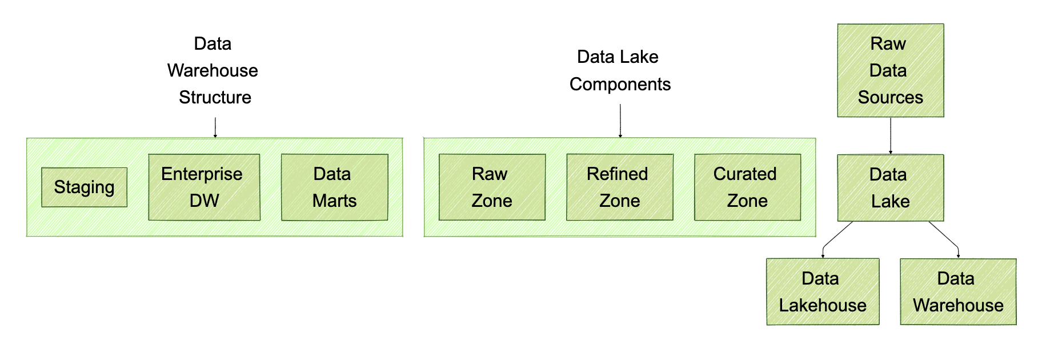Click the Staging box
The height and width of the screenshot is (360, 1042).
point(84,187)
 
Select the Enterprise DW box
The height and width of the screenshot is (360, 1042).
point(204,187)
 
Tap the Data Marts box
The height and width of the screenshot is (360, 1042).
point(334,187)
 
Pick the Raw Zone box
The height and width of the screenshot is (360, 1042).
point(491,187)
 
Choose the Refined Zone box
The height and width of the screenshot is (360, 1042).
point(619,187)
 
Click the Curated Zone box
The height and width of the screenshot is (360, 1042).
point(747,187)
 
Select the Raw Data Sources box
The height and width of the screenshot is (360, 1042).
point(890,70)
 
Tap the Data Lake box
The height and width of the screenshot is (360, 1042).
point(890,187)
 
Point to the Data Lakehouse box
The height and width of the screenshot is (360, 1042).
point(822,291)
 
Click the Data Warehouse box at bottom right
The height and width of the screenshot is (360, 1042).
point(958,291)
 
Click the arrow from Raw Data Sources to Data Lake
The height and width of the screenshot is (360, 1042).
point(891,135)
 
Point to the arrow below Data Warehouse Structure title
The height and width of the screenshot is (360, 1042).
point(215,127)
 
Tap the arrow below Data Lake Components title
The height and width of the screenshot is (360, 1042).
point(620,120)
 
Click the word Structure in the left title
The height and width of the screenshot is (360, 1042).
point(215,97)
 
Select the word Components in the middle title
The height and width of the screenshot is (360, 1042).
point(620,84)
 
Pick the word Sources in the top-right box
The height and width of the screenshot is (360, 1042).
point(890,97)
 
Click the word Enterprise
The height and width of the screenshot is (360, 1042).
point(202,174)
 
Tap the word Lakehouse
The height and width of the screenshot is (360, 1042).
point(822,305)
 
